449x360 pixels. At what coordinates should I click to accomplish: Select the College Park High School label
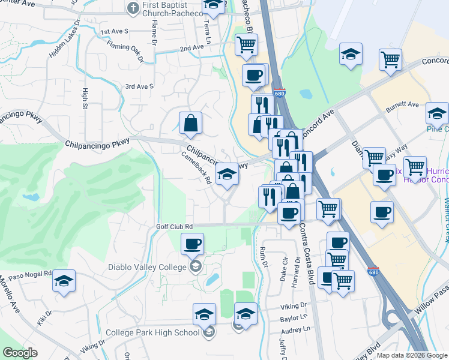point(152,332)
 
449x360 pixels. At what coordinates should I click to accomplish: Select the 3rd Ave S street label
point(139,86)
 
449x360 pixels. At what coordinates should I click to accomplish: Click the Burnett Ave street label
point(402,104)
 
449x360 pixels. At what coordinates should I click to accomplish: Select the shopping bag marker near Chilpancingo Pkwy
point(190,123)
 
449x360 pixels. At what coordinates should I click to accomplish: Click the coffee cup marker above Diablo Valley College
point(192,244)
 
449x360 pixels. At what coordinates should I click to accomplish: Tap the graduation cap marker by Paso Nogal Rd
point(64,281)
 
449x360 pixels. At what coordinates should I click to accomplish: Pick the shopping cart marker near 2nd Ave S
point(246,44)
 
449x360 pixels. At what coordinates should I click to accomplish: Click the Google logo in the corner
point(20,353)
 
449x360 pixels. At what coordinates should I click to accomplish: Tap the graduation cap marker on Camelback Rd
point(227,174)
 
